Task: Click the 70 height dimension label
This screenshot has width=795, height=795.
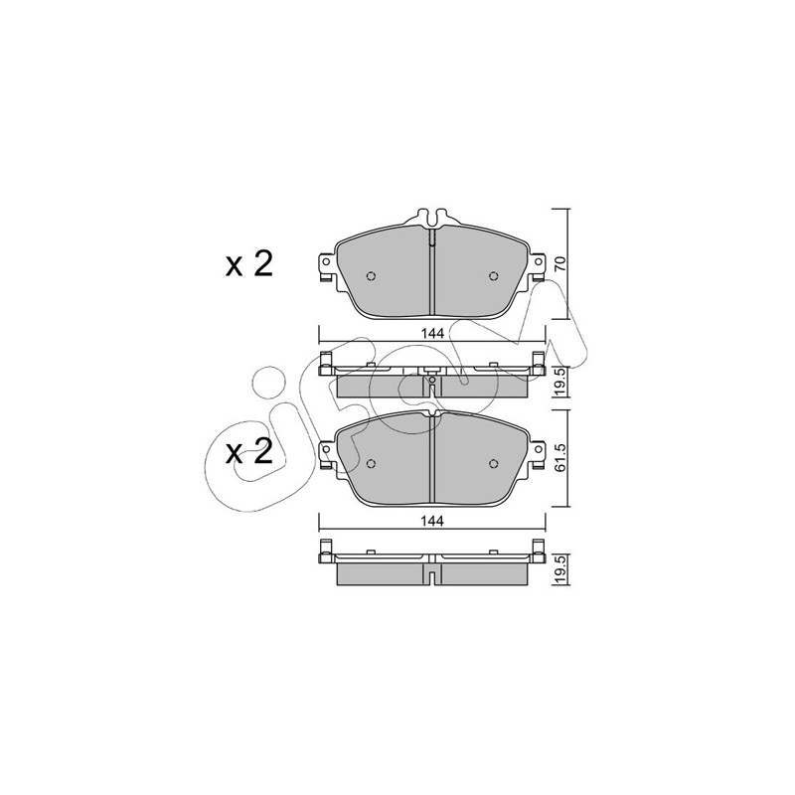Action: point(559,264)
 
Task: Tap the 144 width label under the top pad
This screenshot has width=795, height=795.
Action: point(432,334)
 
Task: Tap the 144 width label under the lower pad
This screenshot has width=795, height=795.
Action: point(432,521)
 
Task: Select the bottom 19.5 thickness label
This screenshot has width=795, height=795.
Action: point(559,569)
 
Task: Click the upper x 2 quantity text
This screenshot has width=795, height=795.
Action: point(249,264)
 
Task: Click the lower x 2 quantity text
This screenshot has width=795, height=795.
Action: point(249,452)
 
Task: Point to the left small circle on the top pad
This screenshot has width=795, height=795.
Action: point(371,276)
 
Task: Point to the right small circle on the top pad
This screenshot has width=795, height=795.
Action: point(493,276)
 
